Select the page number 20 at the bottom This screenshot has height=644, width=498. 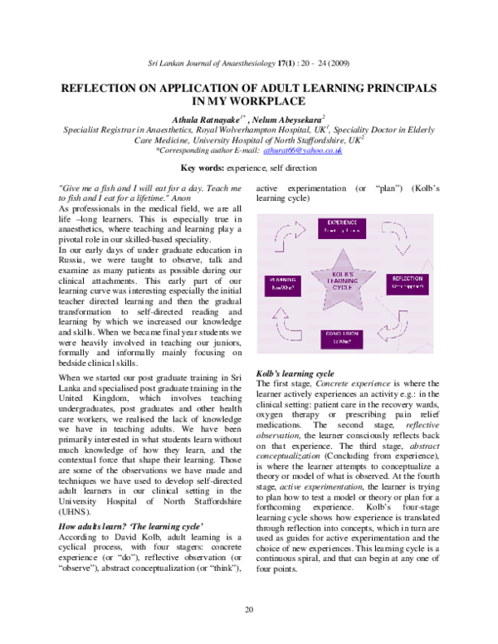(x=249, y=610)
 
